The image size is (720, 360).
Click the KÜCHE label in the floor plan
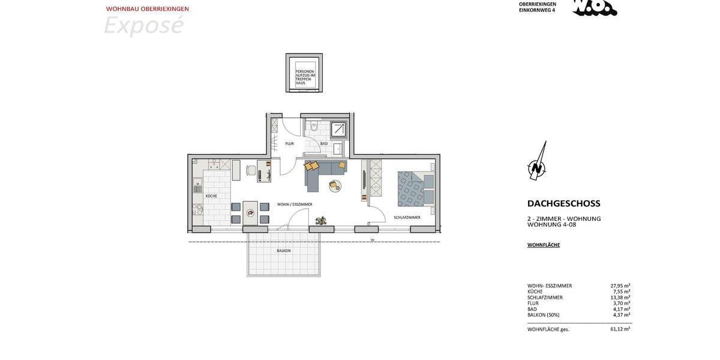pyautogui.click(x=211, y=196)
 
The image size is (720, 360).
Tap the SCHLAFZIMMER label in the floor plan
pyautogui.click(x=407, y=217)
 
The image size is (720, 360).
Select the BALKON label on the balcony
pyautogui.click(x=284, y=251)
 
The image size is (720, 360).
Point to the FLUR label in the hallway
pyautogui.click(x=289, y=143)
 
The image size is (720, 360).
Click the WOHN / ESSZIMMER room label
pyautogui.click(x=295, y=205)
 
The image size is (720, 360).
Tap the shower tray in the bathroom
pyautogui.click(x=338, y=130)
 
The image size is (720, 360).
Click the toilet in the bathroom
pyautogui.click(x=314, y=127)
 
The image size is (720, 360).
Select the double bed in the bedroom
pyautogui.click(x=415, y=189)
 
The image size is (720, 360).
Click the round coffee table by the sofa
pyautogui.click(x=335, y=186)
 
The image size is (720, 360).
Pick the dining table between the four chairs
pyautogui.click(x=250, y=212)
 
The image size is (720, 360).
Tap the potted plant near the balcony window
pyautogui.click(x=321, y=221)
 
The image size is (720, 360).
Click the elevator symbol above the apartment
pyautogui.click(x=304, y=73)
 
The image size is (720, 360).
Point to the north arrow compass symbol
pyautogui.click(x=537, y=163)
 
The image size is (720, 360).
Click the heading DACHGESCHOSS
pyautogui.click(x=563, y=203)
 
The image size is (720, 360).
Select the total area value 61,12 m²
pyautogui.click(x=620, y=329)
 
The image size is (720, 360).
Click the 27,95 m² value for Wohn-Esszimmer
pyautogui.click(x=620, y=286)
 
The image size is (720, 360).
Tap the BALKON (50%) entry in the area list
pyautogui.click(x=543, y=315)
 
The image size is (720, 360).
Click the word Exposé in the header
pyautogui.click(x=143, y=26)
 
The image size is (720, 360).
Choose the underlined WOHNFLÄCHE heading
pyautogui.click(x=543, y=245)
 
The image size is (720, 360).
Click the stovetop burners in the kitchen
pyautogui.click(x=197, y=209)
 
